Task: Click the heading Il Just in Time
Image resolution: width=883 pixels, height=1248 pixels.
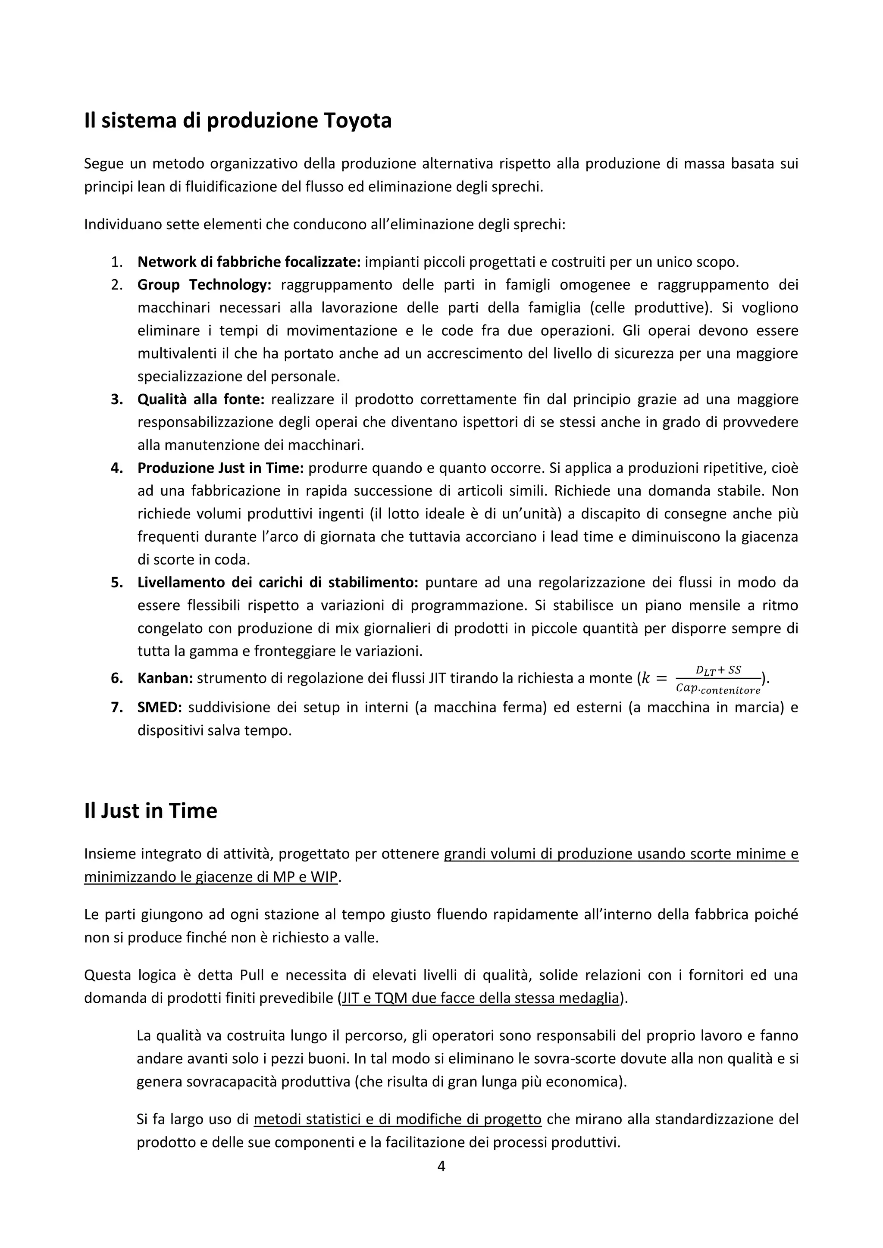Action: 150,811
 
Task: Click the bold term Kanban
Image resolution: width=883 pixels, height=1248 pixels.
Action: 165,678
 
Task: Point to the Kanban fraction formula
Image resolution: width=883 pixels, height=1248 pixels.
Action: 718,679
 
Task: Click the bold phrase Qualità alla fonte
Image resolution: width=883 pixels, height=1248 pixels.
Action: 200,399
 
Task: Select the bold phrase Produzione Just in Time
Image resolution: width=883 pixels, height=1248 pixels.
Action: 220,468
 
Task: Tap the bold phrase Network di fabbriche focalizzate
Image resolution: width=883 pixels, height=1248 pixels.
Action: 248,262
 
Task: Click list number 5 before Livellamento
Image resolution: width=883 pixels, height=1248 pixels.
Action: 116,582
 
